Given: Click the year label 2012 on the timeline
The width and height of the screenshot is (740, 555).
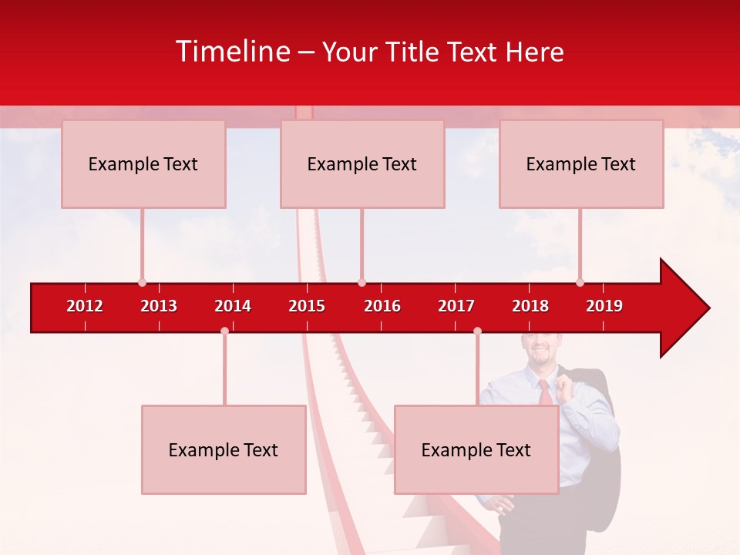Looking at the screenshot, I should point(85,306).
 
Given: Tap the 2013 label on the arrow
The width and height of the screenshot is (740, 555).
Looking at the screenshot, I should point(159,306).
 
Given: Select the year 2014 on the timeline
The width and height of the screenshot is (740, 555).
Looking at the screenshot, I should point(233,306).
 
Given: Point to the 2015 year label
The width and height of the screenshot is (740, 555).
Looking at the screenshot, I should point(307,306).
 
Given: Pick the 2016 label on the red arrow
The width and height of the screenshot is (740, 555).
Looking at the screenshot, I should point(382,306).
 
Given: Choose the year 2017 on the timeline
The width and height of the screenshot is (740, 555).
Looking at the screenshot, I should point(456,306).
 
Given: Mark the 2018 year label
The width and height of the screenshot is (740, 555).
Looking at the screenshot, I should point(530,306).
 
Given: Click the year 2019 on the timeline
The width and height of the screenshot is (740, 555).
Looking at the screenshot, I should point(604,306).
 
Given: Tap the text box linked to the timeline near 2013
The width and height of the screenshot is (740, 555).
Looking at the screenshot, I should point(143,163).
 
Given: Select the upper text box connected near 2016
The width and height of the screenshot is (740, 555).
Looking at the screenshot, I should point(362,163).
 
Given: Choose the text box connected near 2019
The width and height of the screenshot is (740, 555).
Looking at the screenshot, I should point(581,163).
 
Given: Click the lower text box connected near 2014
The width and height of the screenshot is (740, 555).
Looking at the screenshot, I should point(224,449).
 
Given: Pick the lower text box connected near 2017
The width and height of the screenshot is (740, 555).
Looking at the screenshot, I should point(476,449).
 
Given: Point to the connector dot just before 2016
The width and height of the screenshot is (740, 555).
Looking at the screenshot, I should point(362,283).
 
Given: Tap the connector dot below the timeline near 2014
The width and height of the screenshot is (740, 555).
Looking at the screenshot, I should point(224,331).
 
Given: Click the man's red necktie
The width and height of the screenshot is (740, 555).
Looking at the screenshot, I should point(545,392).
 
